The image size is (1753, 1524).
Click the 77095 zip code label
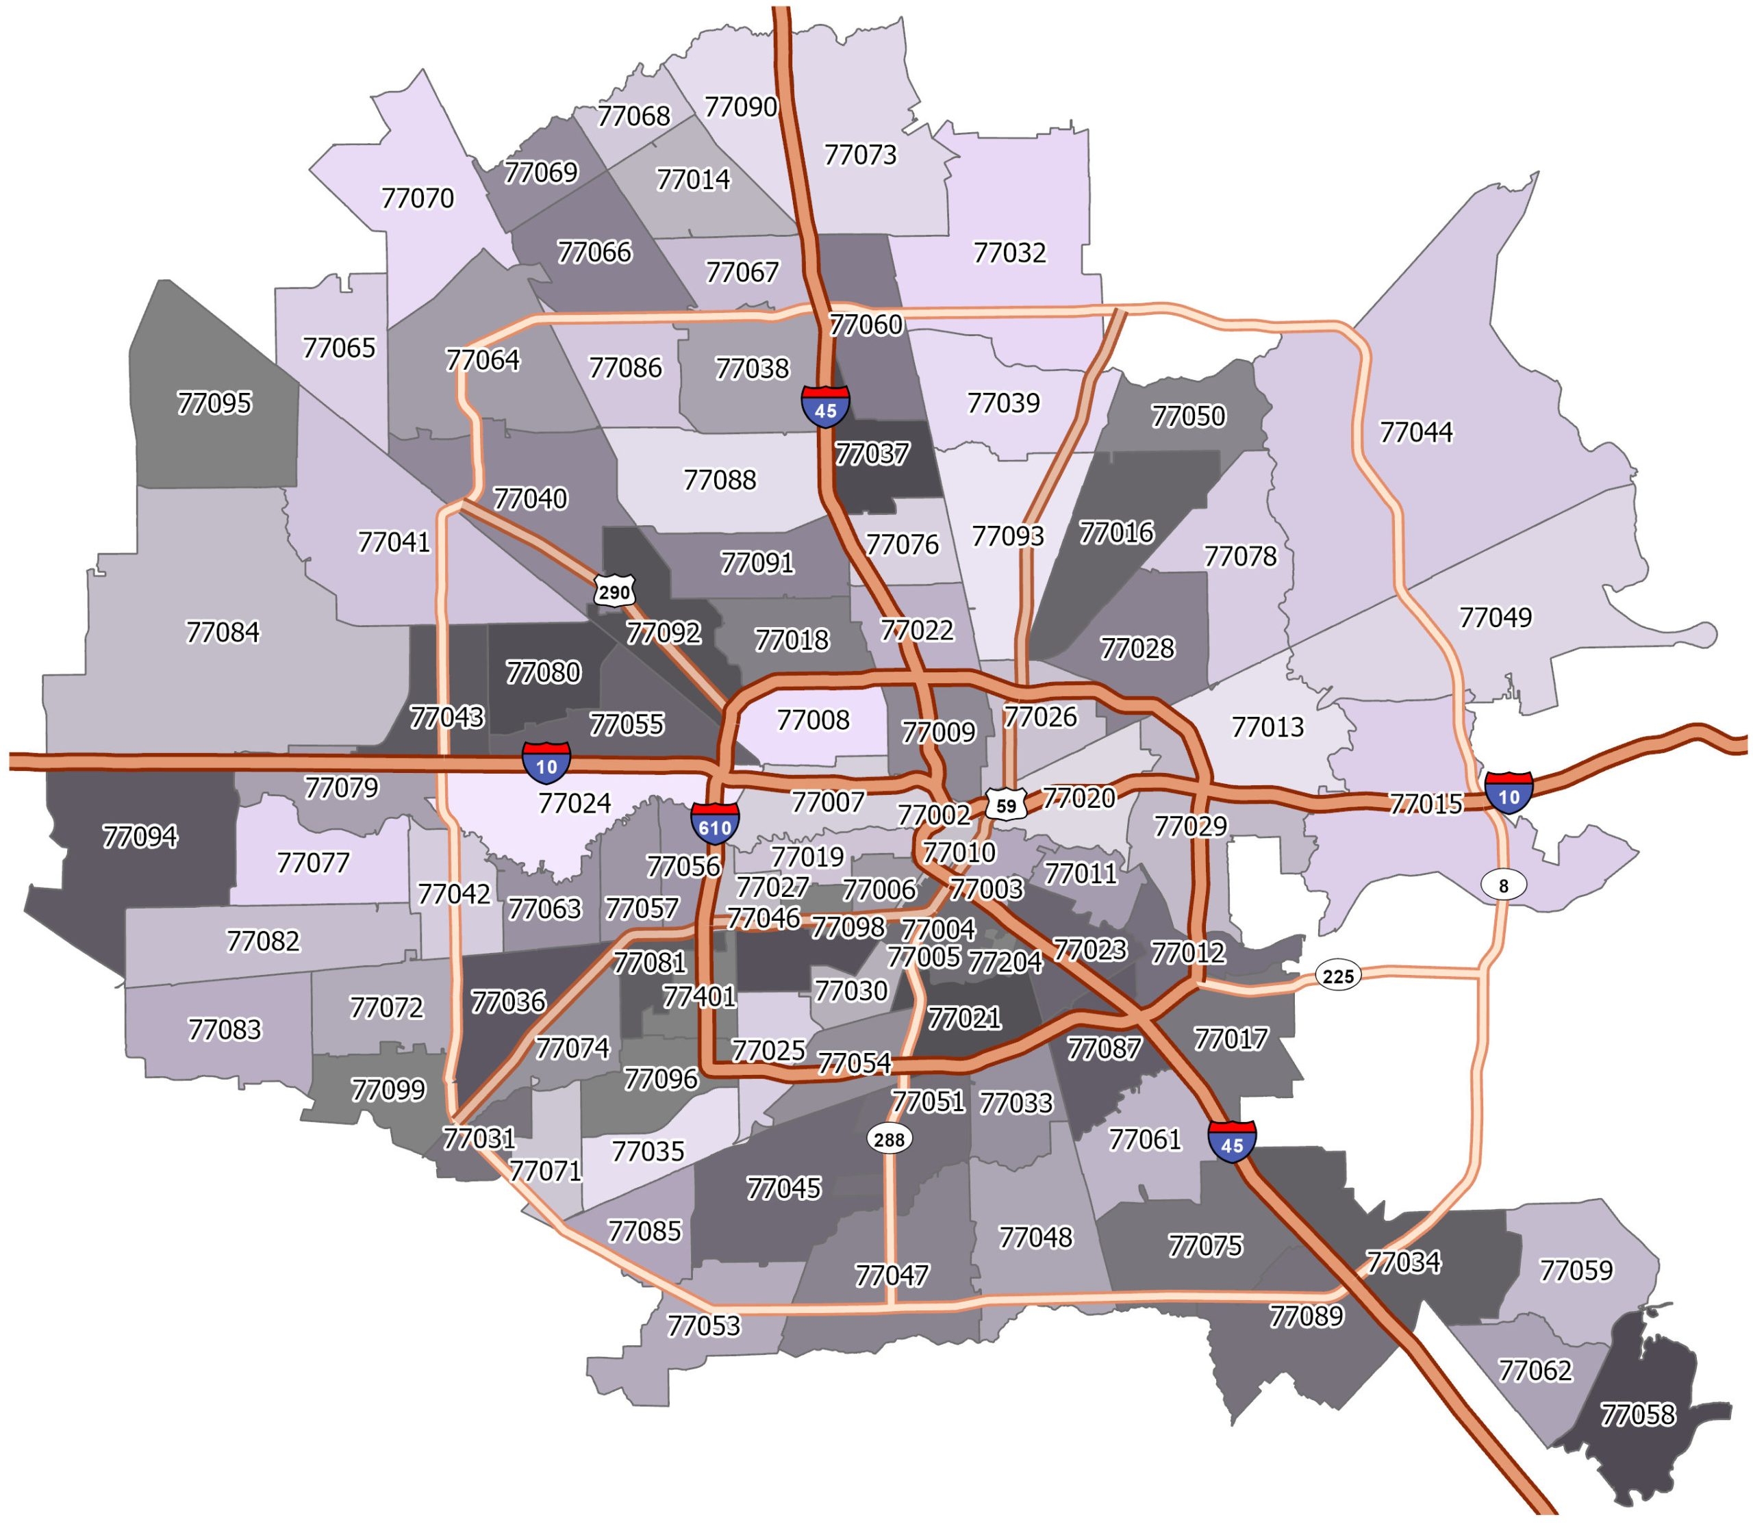pos(214,403)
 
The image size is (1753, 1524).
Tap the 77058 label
pos(1637,1414)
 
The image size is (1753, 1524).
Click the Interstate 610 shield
pos(714,823)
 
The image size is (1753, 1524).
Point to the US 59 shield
pos(1006,804)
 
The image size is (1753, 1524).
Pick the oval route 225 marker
pos(1338,976)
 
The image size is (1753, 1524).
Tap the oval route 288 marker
pos(889,1139)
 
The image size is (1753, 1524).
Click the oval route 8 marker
pos(1503,885)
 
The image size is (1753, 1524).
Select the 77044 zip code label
pos(1415,432)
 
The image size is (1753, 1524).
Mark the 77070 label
pos(417,198)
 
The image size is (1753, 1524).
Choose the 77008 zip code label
pos(813,720)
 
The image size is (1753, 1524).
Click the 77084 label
pos(222,632)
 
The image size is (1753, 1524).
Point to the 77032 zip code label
pos(1009,253)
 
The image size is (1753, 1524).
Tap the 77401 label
pos(698,996)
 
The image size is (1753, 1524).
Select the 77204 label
pos(1005,962)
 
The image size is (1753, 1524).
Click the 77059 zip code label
pos(1575,1270)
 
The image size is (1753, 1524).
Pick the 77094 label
pos(140,837)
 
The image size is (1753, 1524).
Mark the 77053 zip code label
pos(703,1325)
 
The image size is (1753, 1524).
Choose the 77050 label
pos(1187,416)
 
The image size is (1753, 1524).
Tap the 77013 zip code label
pos(1267,727)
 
